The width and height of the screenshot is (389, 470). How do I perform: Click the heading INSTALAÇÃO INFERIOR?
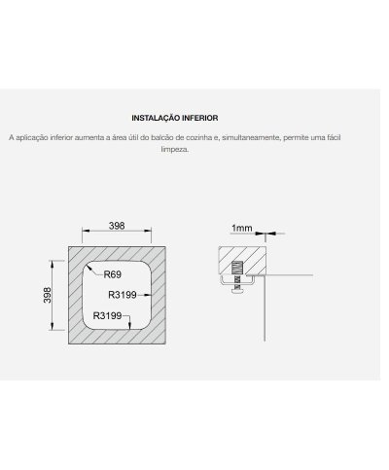[175, 118]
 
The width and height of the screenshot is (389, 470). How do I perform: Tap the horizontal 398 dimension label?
[117, 226]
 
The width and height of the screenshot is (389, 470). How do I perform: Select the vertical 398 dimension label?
[48, 295]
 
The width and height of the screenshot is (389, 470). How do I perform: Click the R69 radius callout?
[113, 274]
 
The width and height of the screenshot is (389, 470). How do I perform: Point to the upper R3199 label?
[123, 295]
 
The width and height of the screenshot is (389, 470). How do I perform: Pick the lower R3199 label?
[107, 315]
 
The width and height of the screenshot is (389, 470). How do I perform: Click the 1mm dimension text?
[241, 228]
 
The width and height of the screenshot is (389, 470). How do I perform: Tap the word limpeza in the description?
[175, 150]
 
